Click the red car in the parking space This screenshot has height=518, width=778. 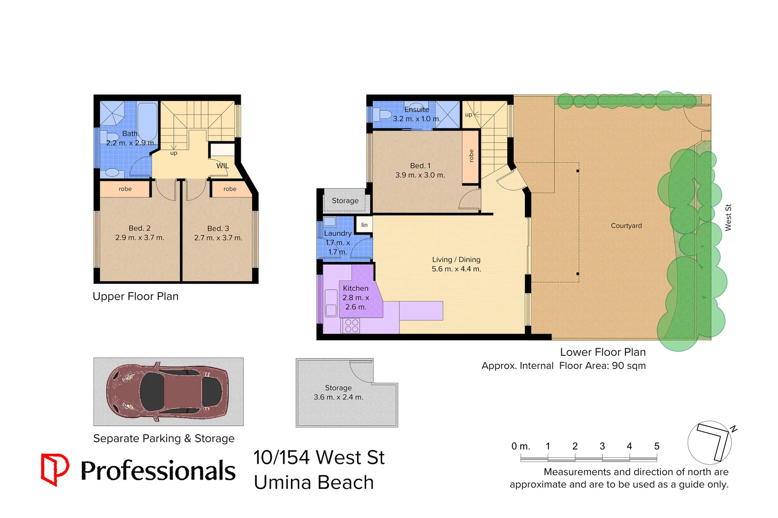(167, 391)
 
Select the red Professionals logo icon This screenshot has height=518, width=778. (54, 469)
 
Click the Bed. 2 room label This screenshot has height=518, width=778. (140, 228)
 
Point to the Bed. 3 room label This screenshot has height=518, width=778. (218, 228)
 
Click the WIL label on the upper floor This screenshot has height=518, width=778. (223, 166)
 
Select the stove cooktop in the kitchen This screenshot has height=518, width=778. (352, 325)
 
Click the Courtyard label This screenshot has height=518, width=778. (626, 226)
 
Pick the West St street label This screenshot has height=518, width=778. (728, 218)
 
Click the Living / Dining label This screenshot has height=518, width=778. (456, 260)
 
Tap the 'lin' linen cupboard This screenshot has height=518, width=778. (364, 225)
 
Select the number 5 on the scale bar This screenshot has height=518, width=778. (657, 446)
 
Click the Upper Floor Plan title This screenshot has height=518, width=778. (135, 296)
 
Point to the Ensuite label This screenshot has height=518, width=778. (417, 109)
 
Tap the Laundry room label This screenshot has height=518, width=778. (338, 234)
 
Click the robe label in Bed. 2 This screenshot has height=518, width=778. (125, 189)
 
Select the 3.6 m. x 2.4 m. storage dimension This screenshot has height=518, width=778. (338, 397)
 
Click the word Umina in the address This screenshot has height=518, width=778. (283, 482)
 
